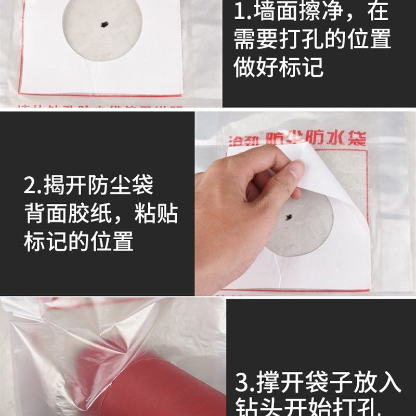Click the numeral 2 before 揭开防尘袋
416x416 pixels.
30,185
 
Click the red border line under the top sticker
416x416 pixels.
99,95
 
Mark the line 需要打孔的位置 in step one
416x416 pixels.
312,40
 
